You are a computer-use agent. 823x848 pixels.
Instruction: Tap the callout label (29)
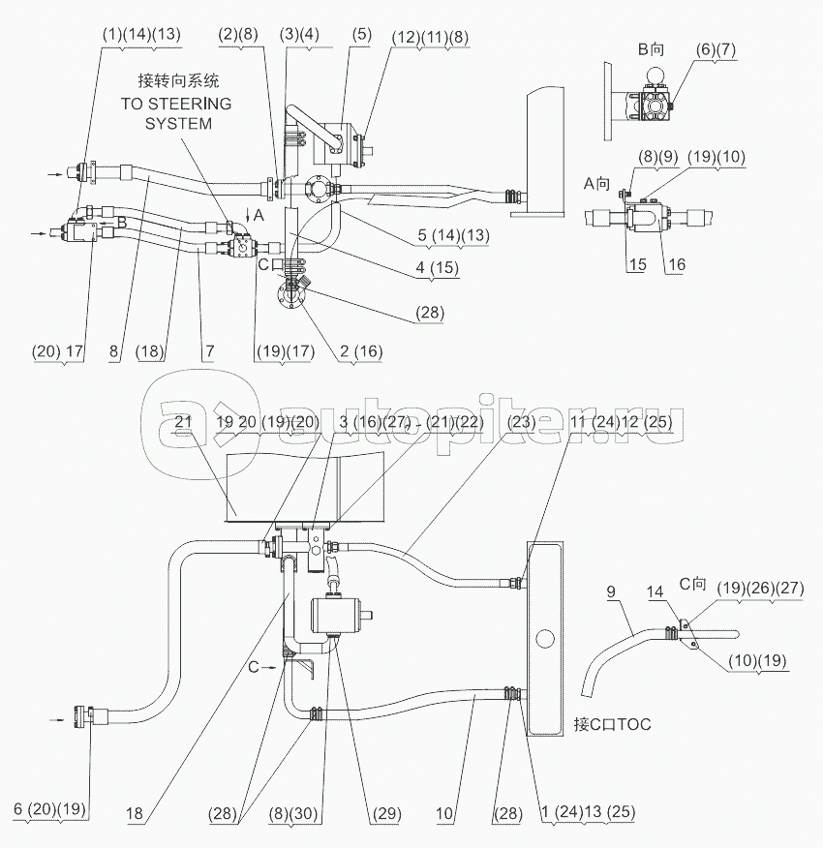point(386,814)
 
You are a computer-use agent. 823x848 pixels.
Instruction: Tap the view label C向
point(693,583)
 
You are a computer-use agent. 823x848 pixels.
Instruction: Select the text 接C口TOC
point(612,723)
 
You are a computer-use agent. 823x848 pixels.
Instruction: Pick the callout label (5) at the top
point(360,37)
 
